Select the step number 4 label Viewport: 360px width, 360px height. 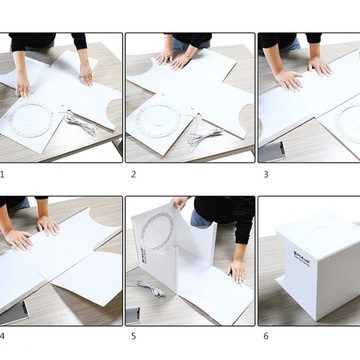[x=3, y=336]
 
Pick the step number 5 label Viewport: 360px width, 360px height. [x=133, y=336]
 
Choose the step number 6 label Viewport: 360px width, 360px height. [x=265, y=336]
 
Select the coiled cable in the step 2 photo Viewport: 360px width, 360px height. [x=205, y=134]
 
